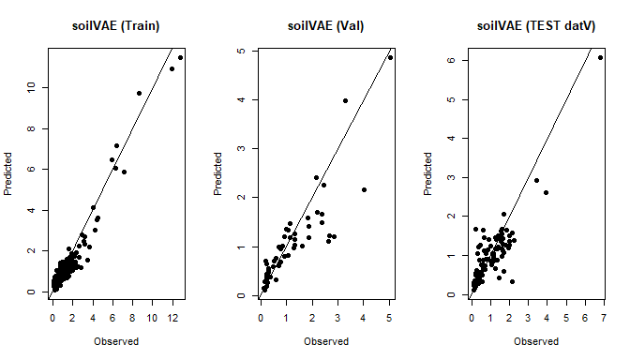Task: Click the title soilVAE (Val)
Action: (326, 25)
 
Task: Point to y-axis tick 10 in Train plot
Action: (30, 87)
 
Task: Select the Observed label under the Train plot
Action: (116, 341)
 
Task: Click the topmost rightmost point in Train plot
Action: (181, 58)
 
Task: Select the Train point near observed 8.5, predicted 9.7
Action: (139, 93)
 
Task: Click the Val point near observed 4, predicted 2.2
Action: (364, 189)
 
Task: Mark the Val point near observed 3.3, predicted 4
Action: (345, 100)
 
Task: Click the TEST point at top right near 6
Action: (600, 58)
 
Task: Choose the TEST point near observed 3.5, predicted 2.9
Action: (536, 180)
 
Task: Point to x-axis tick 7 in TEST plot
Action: (601, 319)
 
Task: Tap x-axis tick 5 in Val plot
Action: (390, 319)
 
